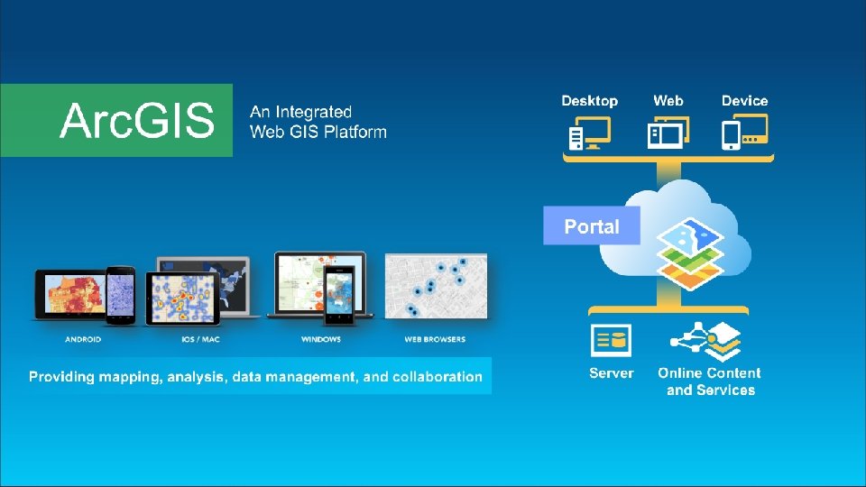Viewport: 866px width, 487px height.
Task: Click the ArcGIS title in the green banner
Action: (x=137, y=120)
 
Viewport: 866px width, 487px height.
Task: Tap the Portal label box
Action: (x=592, y=226)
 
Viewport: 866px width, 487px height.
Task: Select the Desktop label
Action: (x=589, y=101)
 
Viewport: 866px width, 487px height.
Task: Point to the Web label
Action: (x=668, y=101)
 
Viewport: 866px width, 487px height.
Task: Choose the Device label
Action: (x=744, y=101)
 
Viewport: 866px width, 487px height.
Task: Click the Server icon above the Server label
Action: (x=611, y=341)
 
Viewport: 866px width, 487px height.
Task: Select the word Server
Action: (x=611, y=373)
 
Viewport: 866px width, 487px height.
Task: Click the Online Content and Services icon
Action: (x=706, y=341)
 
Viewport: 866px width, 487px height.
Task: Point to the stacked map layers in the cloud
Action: (x=689, y=254)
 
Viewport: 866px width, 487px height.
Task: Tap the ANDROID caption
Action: (x=83, y=340)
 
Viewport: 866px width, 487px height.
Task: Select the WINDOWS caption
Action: (x=321, y=340)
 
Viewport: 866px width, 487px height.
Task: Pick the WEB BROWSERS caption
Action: (x=435, y=340)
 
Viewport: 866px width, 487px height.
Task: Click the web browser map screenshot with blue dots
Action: (x=437, y=285)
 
